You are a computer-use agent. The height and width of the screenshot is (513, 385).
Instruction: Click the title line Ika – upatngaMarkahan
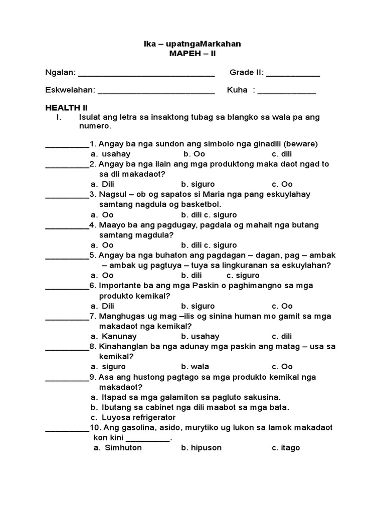coord(192,44)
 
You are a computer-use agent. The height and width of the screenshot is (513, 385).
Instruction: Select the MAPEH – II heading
coord(192,54)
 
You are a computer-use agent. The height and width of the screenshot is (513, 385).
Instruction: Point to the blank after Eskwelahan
coord(156,91)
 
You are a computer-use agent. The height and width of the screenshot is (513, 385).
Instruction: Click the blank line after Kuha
coord(287,91)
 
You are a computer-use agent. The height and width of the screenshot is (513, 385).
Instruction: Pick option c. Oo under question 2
coord(282,184)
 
